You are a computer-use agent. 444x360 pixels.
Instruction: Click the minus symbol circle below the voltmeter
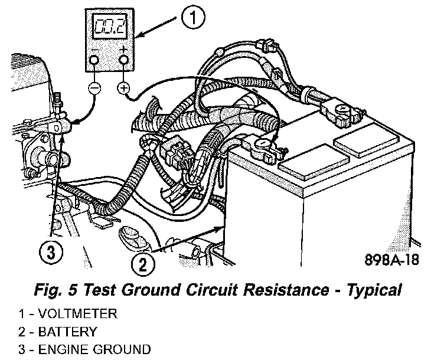click(95, 88)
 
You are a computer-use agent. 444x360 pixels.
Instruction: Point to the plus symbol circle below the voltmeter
click(123, 88)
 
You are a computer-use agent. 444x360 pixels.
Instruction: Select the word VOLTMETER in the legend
click(78, 315)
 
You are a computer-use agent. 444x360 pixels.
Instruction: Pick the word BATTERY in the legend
click(68, 332)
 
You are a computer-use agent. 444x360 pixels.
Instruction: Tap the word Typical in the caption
click(373, 290)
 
